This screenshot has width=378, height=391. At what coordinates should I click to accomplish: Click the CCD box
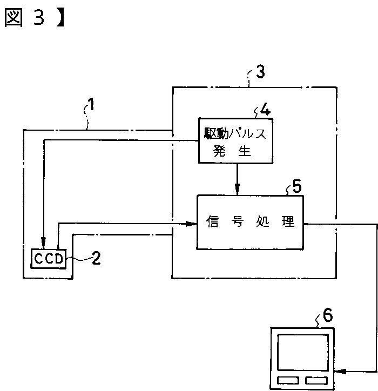click(x=49, y=259)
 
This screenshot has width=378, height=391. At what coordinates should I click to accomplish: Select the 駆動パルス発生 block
click(x=235, y=140)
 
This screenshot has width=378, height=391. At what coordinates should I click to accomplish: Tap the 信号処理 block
click(x=250, y=222)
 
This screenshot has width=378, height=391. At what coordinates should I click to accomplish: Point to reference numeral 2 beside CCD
click(x=96, y=259)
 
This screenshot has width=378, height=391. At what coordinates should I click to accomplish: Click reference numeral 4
click(x=265, y=110)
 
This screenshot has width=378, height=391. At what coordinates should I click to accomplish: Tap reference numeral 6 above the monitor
click(x=328, y=314)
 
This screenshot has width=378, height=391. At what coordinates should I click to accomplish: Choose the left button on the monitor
click(x=288, y=379)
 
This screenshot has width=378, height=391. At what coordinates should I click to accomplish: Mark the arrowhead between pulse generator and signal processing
click(x=237, y=190)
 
